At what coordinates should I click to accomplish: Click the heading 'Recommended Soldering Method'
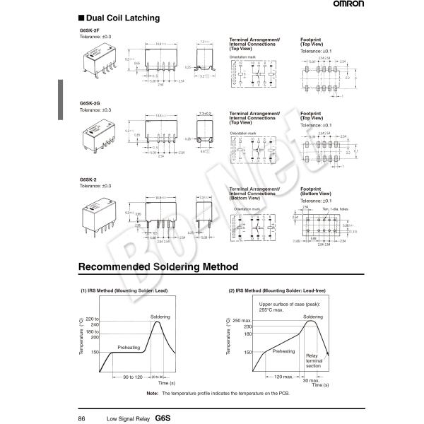click(x=158, y=267)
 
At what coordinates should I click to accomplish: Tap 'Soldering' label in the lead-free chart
click(x=313, y=317)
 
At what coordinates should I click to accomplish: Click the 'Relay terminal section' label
click(x=314, y=360)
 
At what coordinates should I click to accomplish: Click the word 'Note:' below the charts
click(x=152, y=393)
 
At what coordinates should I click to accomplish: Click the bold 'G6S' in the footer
click(x=163, y=418)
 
